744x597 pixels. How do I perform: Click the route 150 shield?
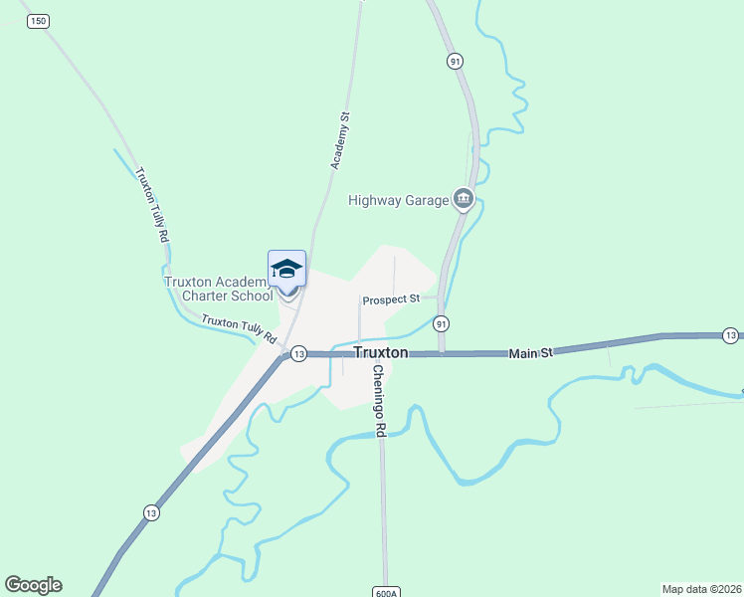(38, 20)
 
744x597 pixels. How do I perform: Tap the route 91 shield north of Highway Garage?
(455, 62)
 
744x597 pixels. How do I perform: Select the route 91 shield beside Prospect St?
(441, 323)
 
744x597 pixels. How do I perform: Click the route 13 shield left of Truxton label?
(297, 353)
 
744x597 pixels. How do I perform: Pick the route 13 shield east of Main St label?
(731, 334)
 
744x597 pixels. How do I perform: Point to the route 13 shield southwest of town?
(150, 512)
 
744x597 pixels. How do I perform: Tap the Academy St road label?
(339, 139)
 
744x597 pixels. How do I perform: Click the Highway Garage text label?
(399, 200)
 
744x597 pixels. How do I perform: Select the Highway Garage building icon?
(463, 200)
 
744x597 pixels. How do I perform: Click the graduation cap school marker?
(286, 270)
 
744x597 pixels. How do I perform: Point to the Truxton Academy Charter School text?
(219, 289)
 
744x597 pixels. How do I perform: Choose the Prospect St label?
(392, 299)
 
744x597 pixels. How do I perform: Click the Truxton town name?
(381, 352)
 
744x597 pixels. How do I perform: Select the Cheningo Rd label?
(379, 401)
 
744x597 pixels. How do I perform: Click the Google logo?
(33, 585)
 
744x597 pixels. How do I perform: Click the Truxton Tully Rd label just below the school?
(239, 328)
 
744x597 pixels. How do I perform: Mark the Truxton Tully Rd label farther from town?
(151, 205)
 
